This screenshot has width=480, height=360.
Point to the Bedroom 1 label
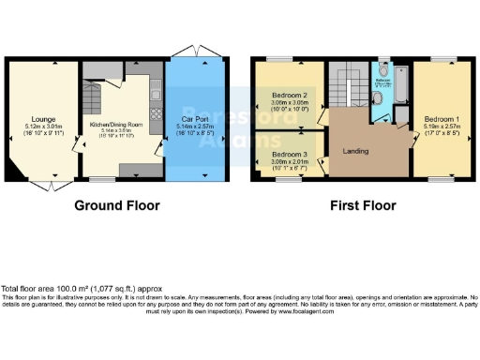point(441,120)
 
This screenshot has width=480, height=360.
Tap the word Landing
point(355,150)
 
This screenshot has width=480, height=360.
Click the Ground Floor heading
point(117,205)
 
